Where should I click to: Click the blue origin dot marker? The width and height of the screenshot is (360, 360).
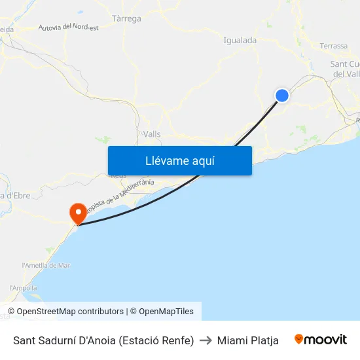(282, 96)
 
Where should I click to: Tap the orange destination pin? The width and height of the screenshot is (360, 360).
(77, 212)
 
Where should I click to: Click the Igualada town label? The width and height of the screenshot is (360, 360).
(240, 41)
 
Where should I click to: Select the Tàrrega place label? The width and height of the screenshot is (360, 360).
(127, 18)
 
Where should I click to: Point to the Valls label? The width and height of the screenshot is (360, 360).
(152, 134)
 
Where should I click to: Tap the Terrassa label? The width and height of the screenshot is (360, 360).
(334, 46)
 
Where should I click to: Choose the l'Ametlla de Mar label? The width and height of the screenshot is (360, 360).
(46, 265)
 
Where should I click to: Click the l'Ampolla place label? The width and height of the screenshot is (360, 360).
(24, 288)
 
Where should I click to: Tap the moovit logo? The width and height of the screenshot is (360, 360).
(321, 340)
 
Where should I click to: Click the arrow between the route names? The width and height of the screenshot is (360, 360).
(206, 340)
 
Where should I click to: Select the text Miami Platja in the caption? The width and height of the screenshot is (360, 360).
(248, 340)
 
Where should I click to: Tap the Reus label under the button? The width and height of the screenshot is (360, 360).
(118, 176)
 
